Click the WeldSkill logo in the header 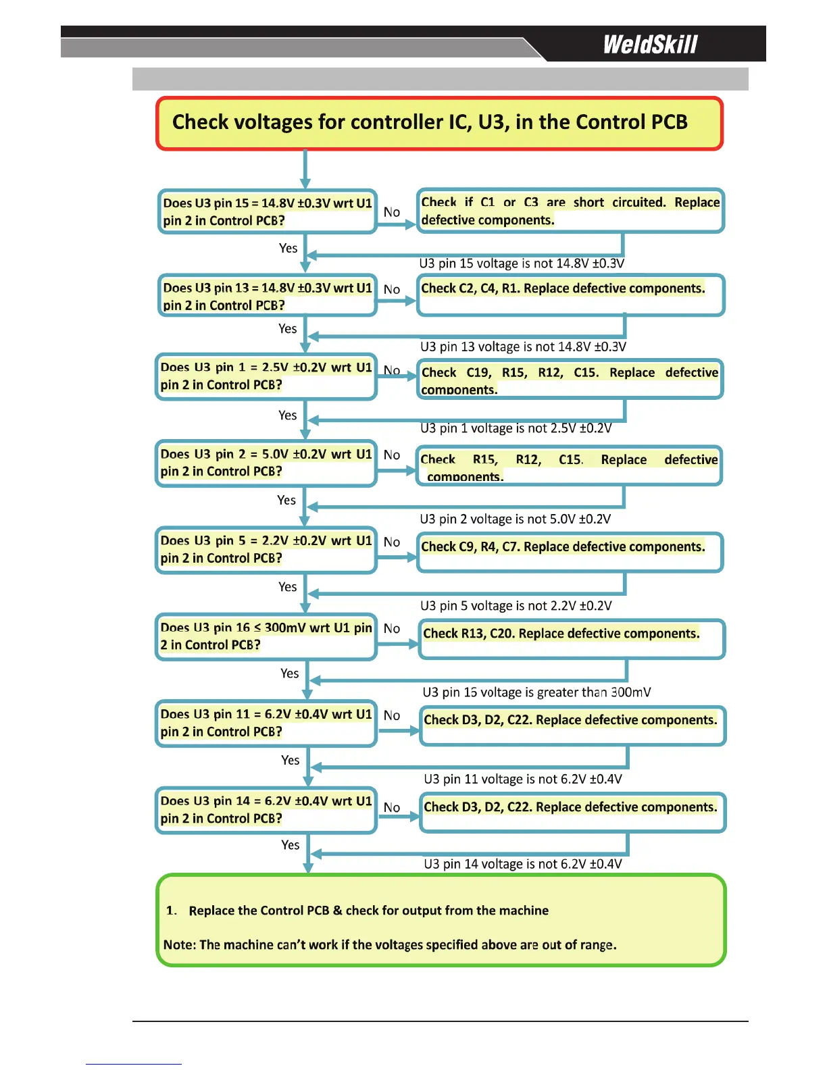click(650, 45)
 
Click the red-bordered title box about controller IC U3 click(439, 123)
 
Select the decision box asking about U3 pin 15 click(267, 211)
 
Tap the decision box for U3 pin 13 click(267, 295)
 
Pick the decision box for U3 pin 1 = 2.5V click(266, 376)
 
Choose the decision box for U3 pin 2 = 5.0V click(266, 463)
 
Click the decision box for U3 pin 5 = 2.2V click(266, 549)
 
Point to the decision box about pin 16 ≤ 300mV click(266, 636)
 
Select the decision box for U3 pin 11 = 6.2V click(266, 723)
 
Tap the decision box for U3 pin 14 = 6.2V click(266, 809)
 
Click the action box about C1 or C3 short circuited click(570, 211)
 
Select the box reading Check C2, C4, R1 click(570, 295)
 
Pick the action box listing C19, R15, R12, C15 click(570, 380)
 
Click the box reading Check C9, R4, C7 click(570, 552)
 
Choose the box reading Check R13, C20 click(572, 638)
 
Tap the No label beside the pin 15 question click(392, 212)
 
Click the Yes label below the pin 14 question click(291, 845)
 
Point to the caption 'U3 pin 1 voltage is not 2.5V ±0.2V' click(516, 428)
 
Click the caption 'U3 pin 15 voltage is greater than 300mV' click(536, 692)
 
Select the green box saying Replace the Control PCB click(441, 920)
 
